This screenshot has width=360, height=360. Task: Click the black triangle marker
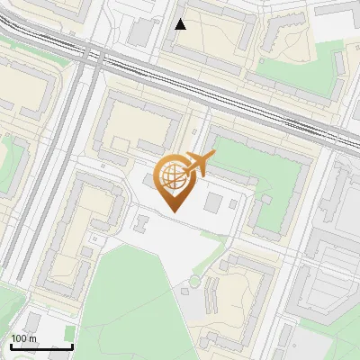(x=181, y=24)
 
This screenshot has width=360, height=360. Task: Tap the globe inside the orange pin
(x=172, y=176)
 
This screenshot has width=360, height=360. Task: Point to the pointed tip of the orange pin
(x=173, y=211)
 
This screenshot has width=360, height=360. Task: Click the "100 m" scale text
(x=24, y=338)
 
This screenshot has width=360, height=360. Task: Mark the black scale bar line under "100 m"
(x=41, y=346)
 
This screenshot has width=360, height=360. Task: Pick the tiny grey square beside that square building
(x=233, y=203)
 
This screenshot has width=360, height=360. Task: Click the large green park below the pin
(x=135, y=297)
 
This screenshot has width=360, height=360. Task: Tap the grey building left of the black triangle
(x=142, y=33)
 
